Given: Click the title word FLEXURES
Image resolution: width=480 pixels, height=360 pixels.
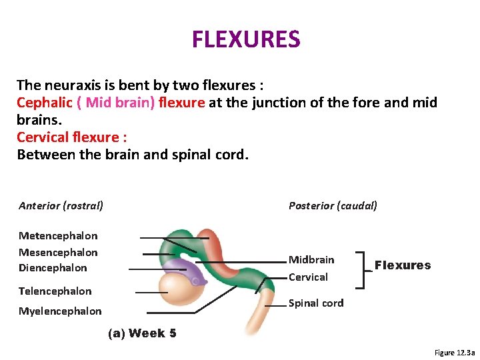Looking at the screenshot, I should [x=246, y=39].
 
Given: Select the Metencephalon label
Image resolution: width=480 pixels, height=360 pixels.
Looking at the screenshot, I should [x=58, y=236].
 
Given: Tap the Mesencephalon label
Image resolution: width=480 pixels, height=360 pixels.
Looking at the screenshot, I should [x=58, y=252].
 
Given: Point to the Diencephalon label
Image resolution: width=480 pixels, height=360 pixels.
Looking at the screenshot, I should [x=53, y=268].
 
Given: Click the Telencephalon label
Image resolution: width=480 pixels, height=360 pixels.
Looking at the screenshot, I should [x=55, y=291].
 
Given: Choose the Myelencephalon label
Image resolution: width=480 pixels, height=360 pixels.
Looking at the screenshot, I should [x=60, y=311].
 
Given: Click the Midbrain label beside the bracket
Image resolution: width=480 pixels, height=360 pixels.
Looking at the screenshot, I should [x=311, y=259].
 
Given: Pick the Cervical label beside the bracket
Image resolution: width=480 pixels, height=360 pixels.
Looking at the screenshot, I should [x=308, y=277].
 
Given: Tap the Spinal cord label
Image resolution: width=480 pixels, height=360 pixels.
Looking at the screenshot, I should [x=316, y=303].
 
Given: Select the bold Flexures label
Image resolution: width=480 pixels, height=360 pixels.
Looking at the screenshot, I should [x=403, y=265].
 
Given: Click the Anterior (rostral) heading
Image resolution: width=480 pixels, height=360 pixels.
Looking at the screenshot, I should [x=61, y=206].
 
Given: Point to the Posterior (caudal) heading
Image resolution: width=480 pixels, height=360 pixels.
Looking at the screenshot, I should [x=333, y=206].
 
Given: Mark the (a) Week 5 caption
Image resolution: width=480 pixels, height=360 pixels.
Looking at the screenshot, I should [x=142, y=333].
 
